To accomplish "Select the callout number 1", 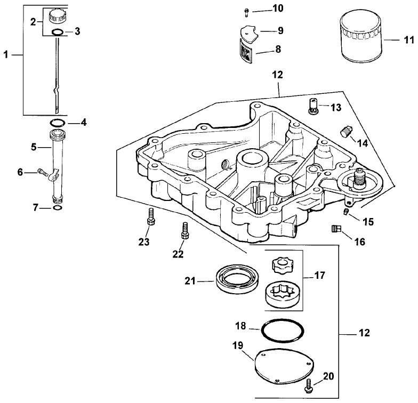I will pyautogui.click(x=6, y=54).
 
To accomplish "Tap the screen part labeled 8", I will pyautogui.click(x=246, y=52).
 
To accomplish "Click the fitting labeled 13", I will pyautogui.click(x=313, y=106).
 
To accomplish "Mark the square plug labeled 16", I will pyautogui.click(x=334, y=229).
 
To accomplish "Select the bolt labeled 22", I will pyautogui.click(x=184, y=230).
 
